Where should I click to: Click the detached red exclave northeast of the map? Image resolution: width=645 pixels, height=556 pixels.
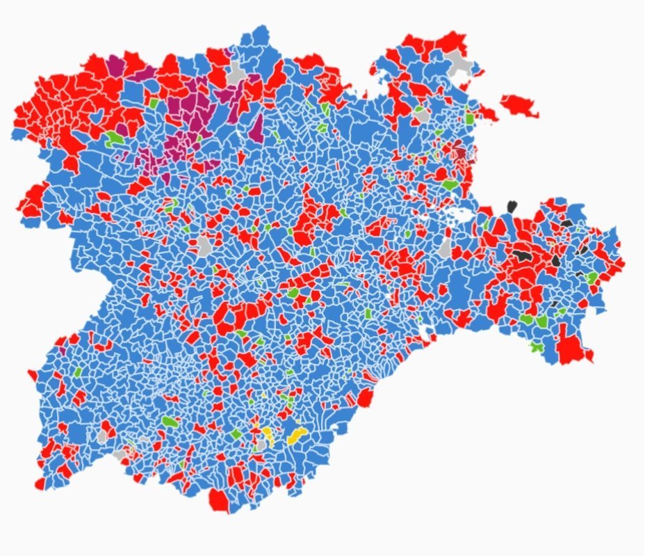(519, 106)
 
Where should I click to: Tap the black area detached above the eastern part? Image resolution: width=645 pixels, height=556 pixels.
(512, 206)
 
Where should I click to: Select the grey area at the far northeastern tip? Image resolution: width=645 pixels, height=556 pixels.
(460, 63)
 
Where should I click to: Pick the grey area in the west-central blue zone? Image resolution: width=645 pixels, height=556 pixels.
(204, 245)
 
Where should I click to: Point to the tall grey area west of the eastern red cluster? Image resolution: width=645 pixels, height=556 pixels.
(446, 248)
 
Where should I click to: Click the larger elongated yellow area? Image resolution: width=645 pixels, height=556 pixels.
(297, 436)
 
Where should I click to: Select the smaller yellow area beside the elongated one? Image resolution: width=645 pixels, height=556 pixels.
(267, 434)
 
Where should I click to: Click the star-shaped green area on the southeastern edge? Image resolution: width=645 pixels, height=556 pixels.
(536, 346)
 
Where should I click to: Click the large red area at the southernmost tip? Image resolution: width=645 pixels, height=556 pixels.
(218, 500)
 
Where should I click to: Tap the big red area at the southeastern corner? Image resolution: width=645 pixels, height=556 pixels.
(571, 349)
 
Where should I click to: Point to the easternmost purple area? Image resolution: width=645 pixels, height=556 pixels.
(257, 129)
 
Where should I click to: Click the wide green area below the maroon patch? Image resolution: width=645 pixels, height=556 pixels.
(450, 186)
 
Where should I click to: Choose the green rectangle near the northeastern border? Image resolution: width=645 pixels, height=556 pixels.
(470, 119)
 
